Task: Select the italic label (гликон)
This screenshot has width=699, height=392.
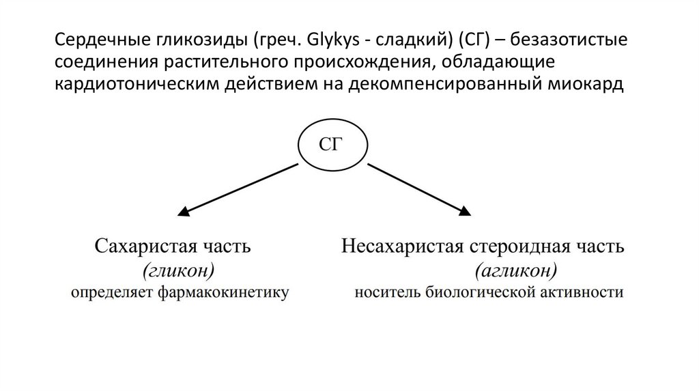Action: pyautogui.click(x=179, y=271)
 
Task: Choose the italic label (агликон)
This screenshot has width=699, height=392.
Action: pyautogui.click(x=516, y=271)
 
